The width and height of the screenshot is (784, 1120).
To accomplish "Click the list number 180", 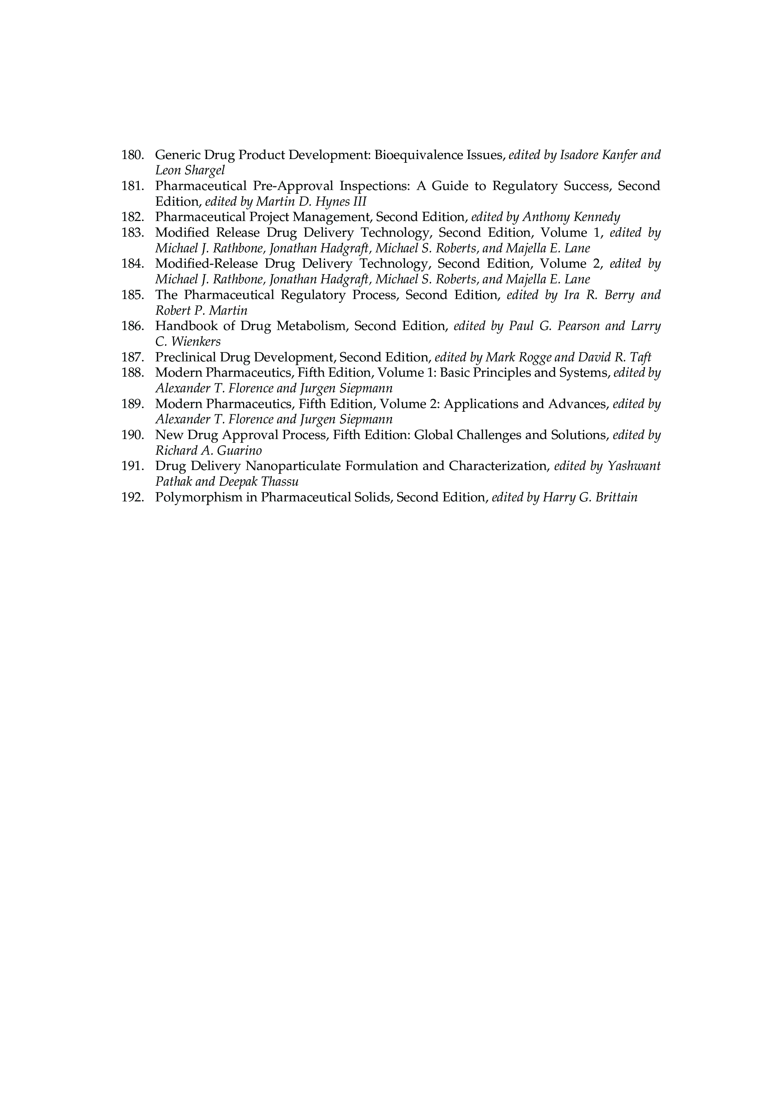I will [132, 155].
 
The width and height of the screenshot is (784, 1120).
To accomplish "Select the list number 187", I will [132, 358].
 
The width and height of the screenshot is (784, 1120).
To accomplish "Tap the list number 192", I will [132, 498].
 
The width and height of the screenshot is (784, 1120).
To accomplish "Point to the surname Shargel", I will [205, 171].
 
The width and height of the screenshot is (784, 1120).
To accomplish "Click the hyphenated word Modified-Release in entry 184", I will [206, 264].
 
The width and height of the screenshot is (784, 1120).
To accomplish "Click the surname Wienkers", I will [196, 342].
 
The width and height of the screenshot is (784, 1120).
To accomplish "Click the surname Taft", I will [640, 358].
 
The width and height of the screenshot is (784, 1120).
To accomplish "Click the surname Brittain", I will [617, 498].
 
